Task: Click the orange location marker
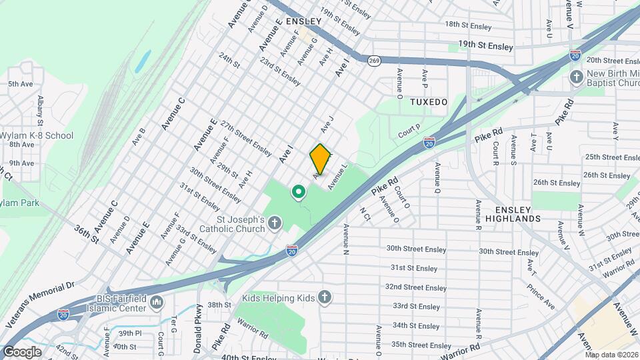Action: pos(320,159)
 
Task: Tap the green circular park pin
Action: pos(299,193)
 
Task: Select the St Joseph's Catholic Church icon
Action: pos(275,226)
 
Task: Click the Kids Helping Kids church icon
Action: pos(324,297)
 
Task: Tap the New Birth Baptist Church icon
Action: pos(577,77)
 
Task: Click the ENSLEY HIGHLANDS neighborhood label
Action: pos(513,213)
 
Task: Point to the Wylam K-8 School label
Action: pos(36,135)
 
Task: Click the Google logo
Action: pos(22,351)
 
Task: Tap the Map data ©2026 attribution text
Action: pos(611,355)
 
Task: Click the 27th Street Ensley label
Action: pos(246,135)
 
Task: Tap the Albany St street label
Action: pos(40,109)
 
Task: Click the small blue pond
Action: pos(142,61)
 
